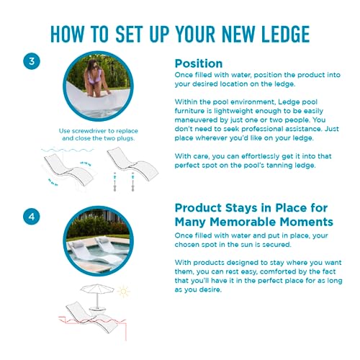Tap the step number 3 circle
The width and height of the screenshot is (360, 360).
pos(32,61)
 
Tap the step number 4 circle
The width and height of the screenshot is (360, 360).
pos(32,217)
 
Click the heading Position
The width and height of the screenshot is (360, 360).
pos(199,64)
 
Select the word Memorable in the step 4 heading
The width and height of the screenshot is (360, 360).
pos(243,222)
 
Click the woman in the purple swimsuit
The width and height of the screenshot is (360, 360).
pos(96,78)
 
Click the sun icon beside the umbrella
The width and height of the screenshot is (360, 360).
pos(123,292)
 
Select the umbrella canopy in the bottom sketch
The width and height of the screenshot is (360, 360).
pos(97,289)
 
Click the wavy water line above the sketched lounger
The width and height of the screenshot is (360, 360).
pos(68,150)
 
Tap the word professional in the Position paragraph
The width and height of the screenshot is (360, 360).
pos(267,129)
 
